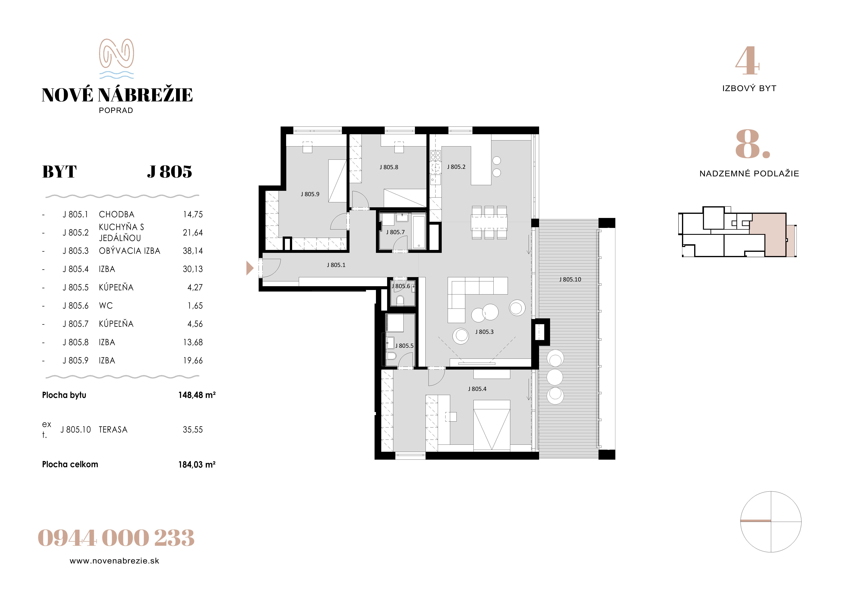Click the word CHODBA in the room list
pyautogui.click(x=116, y=215)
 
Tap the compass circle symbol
pyautogui.click(x=771, y=522)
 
